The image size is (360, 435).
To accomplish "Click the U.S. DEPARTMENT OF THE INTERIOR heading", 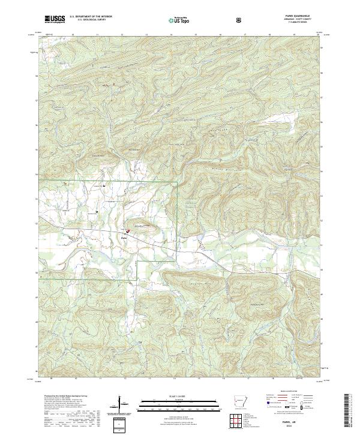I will point(91,17).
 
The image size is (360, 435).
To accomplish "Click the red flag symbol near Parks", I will point(128,230).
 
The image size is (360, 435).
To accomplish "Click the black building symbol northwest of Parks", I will point(106,187).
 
